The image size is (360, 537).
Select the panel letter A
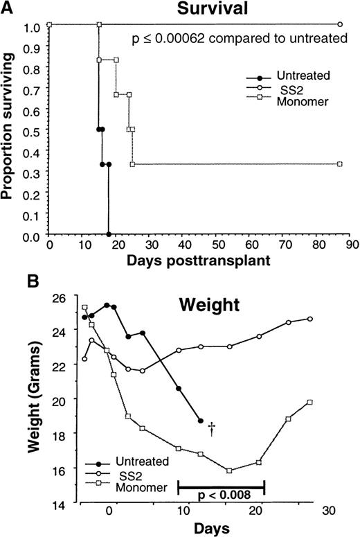[x=6, y=7]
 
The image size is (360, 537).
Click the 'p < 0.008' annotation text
[x=222, y=498]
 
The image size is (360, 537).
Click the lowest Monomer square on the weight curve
[x=229, y=470]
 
